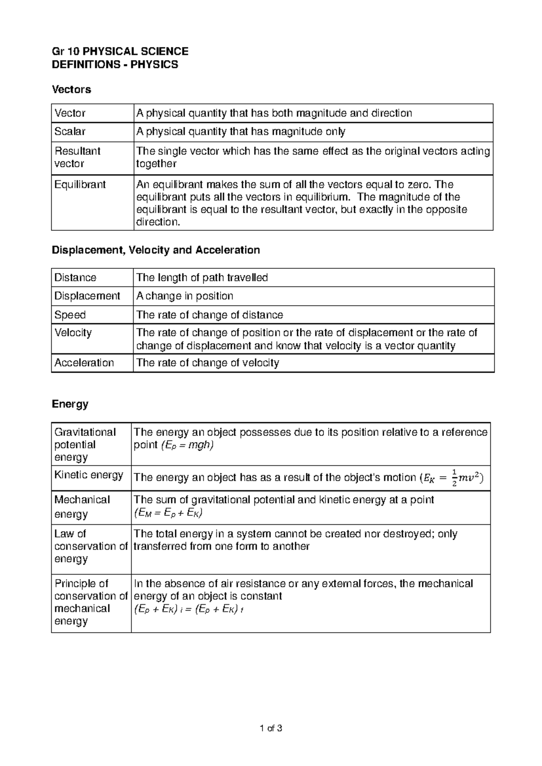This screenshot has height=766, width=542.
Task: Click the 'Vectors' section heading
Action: pyautogui.click(x=71, y=89)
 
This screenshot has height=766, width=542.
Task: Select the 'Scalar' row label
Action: pyautogui.click(x=70, y=132)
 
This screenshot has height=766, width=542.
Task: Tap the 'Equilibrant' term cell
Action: pyautogui.click(x=80, y=185)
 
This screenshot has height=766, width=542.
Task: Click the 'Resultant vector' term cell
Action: pyautogui.click(x=77, y=157)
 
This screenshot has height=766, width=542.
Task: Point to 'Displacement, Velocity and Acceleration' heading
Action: pyautogui.click(x=156, y=250)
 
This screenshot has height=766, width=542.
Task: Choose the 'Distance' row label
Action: pyautogui.click(x=75, y=278)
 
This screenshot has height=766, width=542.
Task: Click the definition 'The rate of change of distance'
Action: pyautogui.click(x=210, y=315)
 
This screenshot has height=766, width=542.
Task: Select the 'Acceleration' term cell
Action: pyautogui.click(x=84, y=363)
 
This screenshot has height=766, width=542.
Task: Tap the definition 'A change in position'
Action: pyautogui.click(x=185, y=296)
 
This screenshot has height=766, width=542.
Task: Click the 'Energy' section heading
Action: pyautogui.click(x=70, y=404)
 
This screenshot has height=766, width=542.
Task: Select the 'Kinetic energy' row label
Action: pyautogui.click(x=89, y=475)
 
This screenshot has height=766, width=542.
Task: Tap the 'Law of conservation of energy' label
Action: pyautogui.click(x=90, y=546)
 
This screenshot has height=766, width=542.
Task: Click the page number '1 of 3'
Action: pyautogui.click(x=271, y=728)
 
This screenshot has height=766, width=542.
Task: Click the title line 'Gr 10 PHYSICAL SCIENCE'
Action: pyautogui.click(x=120, y=51)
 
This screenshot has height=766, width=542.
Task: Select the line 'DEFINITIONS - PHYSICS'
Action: pyautogui.click(x=115, y=65)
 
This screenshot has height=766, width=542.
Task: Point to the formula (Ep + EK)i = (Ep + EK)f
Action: pyautogui.click(x=189, y=609)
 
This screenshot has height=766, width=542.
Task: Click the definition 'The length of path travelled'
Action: pyautogui.click(x=202, y=278)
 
